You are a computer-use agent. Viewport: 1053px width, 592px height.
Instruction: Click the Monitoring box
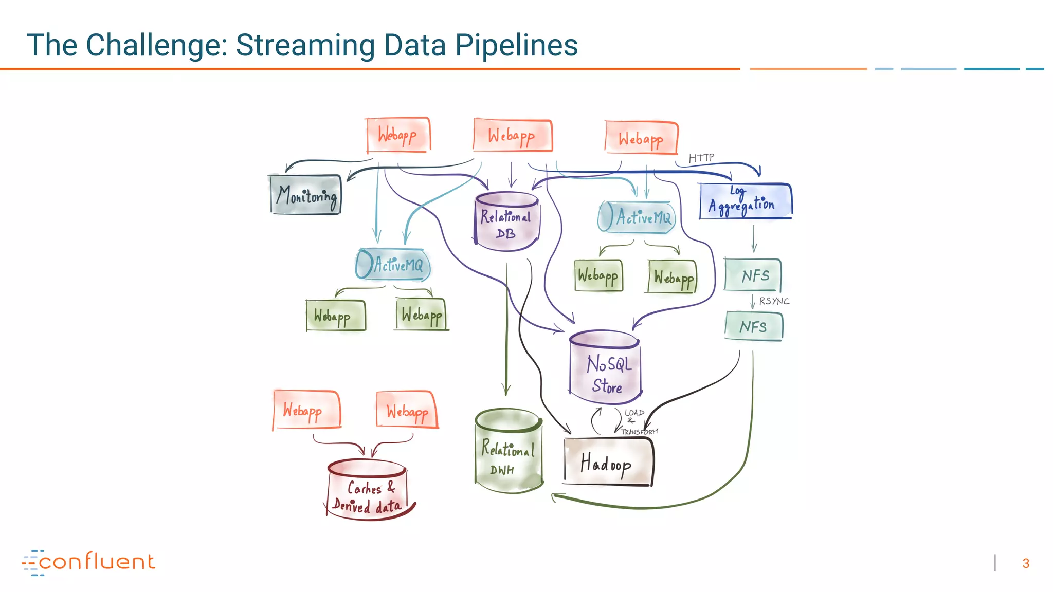(x=306, y=195)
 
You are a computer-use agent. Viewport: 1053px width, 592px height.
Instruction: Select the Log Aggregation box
(x=745, y=201)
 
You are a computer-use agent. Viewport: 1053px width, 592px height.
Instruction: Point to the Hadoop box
(x=608, y=462)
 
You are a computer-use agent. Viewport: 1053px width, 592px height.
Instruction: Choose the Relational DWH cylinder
(x=508, y=452)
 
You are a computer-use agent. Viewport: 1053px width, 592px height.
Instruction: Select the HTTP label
(x=701, y=158)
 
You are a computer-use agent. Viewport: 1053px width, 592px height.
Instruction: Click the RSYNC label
(x=774, y=301)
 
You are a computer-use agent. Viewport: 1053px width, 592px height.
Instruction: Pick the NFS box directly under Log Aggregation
(x=753, y=275)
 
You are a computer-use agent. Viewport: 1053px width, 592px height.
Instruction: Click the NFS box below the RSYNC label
(x=754, y=326)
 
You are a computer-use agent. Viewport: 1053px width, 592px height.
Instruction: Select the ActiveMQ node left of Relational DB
(x=393, y=265)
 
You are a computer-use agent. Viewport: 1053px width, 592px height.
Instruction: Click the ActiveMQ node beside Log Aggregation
(x=637, y=217)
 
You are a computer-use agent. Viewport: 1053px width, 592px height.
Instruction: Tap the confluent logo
(x=88, y=562)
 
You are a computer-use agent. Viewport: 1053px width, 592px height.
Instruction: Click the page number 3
(x=1025, y=563)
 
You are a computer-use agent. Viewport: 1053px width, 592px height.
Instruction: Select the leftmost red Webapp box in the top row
(x=398, y=135)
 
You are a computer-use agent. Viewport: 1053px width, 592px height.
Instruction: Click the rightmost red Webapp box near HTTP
(x=641, y=138)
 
